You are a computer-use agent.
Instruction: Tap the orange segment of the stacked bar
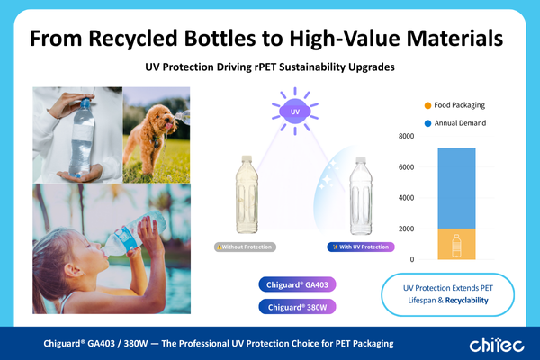(456, 243)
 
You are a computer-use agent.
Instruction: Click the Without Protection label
(245, 247)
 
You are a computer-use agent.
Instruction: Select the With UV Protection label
(359, 247)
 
